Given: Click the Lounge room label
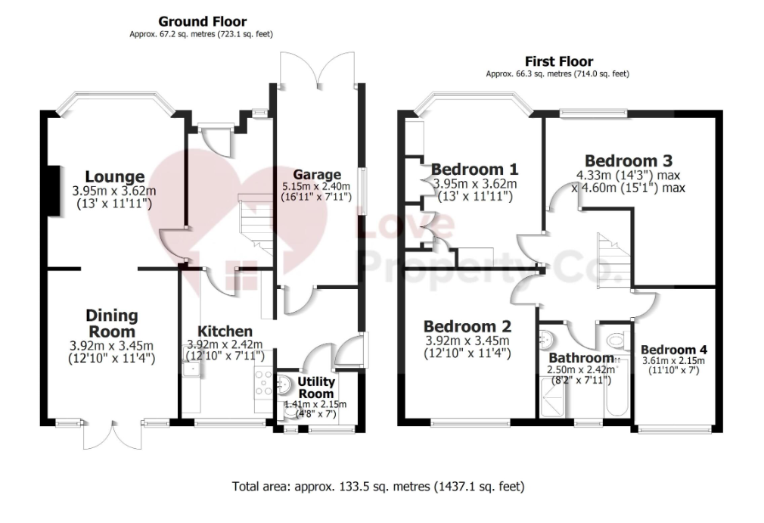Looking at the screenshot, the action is (115, 176).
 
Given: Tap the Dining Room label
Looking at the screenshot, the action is (112, 324).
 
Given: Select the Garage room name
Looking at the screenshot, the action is (317, 175).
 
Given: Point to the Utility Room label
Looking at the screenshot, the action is (316, 388).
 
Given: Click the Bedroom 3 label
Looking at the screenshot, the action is (629, 161).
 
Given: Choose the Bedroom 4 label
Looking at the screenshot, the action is (674, 350).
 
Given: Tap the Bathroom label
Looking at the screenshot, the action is (581, 358).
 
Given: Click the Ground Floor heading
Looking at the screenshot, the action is (202, 21).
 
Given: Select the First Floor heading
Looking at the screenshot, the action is (559, 61).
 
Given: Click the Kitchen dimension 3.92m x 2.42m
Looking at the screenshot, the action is (225, 345).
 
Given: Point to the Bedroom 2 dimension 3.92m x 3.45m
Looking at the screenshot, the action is (467, 341).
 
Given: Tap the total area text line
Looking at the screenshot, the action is (378, 487).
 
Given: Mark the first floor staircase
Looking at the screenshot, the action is (614, 257).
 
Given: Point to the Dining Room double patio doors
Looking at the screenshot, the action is (113, 434).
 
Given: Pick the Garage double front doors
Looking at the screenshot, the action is (317, 69).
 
